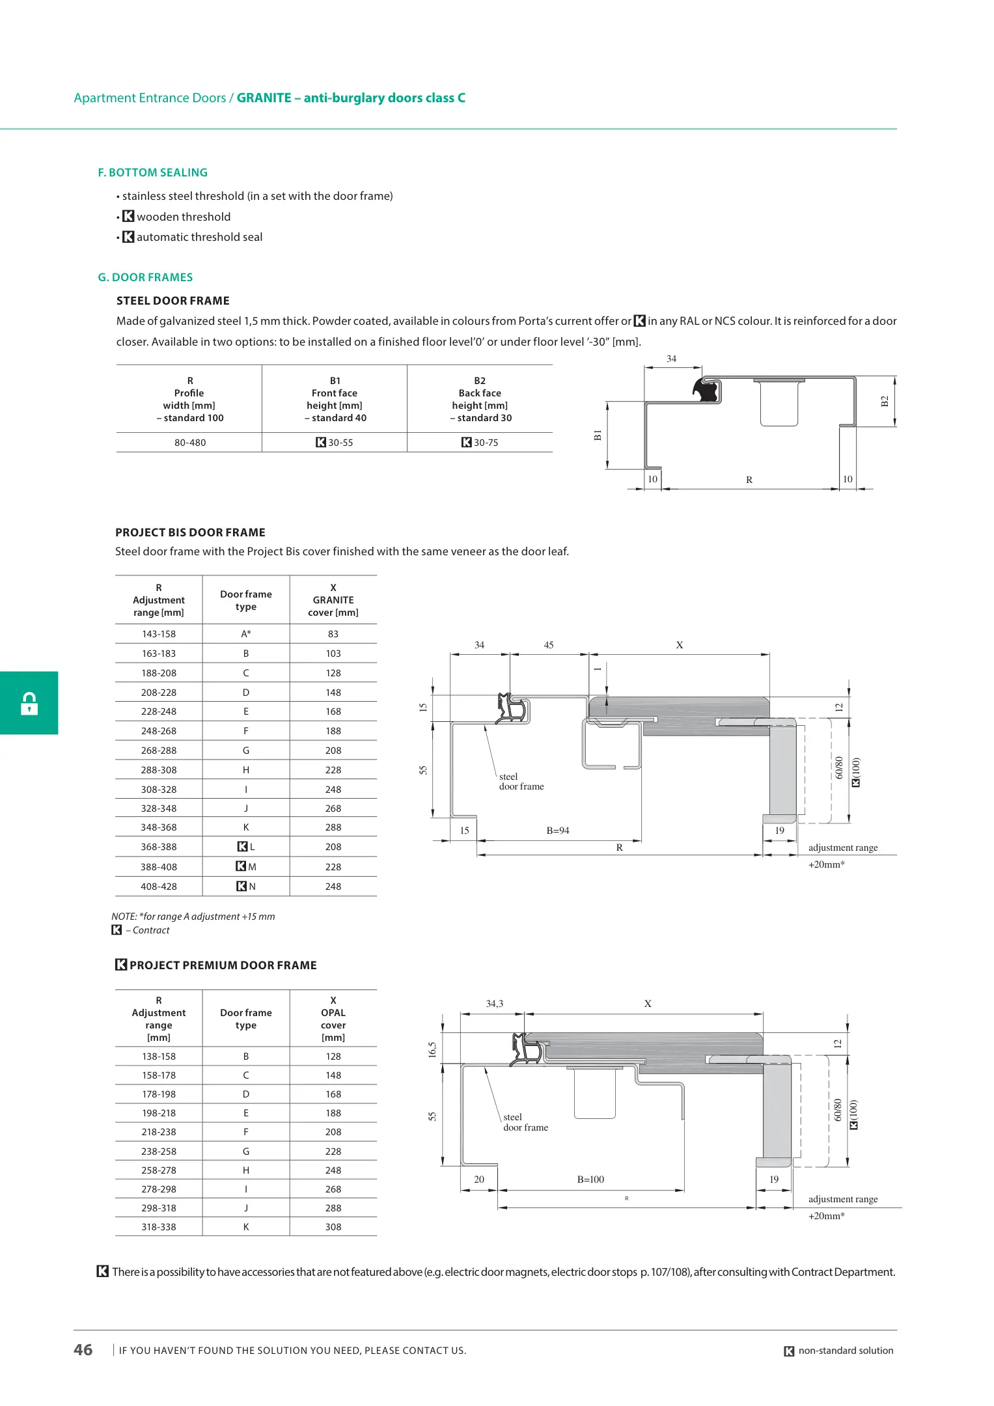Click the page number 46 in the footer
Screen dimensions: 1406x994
point(83,1349)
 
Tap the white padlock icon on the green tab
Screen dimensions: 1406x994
point(29,703)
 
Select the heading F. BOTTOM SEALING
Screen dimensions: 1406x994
point(152,172)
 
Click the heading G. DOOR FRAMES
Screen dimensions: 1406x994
point(145,277)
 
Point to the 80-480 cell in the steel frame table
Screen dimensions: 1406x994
point(189,443)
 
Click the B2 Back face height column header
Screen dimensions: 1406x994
point(480,399)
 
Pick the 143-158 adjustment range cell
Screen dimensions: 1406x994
point(159,634)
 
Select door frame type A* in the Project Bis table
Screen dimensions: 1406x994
point(246,634)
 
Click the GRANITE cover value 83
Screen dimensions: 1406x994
point(333,634)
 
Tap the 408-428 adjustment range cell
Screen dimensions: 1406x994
point(159,887)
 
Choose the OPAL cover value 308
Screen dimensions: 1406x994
point(333,1227)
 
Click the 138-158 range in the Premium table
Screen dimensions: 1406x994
point(159,1056)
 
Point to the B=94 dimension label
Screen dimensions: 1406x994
point(558,831)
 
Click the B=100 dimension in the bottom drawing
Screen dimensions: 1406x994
point(590,1179)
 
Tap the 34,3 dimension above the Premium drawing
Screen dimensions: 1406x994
point(495,1004)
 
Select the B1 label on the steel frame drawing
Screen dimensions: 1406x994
point(598,435)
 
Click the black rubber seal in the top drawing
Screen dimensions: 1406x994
point(706,390)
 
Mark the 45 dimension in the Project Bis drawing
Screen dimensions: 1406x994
point(549,645)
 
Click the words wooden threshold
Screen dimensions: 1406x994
point(184,217)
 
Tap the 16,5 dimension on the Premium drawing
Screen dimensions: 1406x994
point(432,1049)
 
